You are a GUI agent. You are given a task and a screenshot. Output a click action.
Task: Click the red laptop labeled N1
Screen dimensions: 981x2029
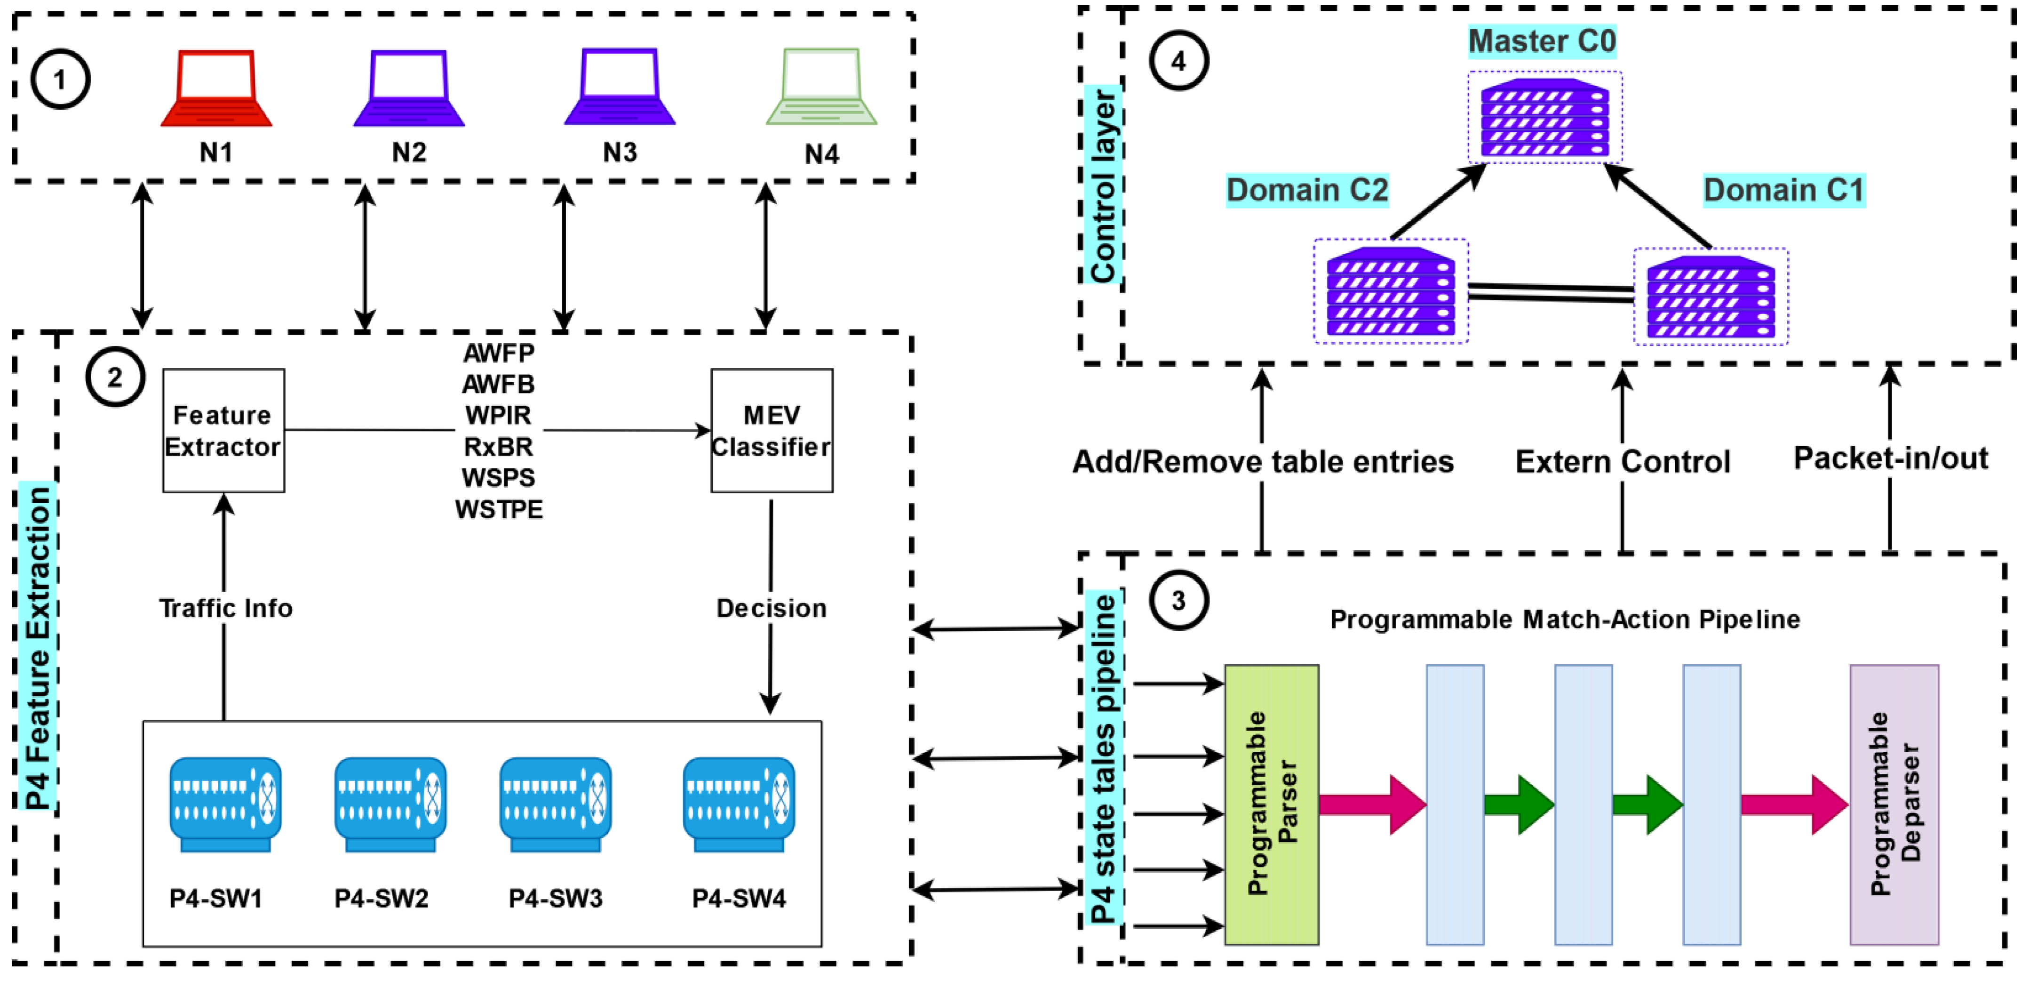click(x=216, y=88)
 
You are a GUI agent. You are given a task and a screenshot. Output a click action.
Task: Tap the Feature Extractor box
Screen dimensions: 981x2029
click(x=224, y=431)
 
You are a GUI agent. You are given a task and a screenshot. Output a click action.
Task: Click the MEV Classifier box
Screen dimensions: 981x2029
click(x=771, y=431)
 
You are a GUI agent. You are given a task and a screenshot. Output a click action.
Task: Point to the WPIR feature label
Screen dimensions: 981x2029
click(x=499, y=415)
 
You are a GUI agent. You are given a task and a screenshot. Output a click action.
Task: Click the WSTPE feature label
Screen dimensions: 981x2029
click(x=499, y=510)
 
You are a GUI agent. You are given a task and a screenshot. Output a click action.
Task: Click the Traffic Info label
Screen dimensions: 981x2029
click(x=225, y=608)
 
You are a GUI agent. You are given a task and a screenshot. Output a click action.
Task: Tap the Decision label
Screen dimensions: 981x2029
click(x=771, y=608)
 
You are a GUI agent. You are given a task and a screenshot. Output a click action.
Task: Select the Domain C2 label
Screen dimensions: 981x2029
click(x=1307, y=190)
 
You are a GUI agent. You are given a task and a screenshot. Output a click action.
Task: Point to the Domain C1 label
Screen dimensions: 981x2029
click(x=1784, y=190)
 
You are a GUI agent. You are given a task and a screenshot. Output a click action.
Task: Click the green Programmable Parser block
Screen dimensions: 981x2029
click(x=1271, y=804)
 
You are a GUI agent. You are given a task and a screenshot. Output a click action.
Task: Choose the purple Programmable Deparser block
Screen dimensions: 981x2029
click(x=1894, y=804)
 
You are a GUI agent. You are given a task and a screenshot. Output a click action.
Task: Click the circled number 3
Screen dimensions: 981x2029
click(x=1178, y=601)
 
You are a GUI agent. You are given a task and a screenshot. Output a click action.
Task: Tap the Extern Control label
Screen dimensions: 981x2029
click(x=1623, y=462)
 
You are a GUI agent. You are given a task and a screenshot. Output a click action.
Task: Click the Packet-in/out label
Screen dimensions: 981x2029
click(x=1890, y=458)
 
